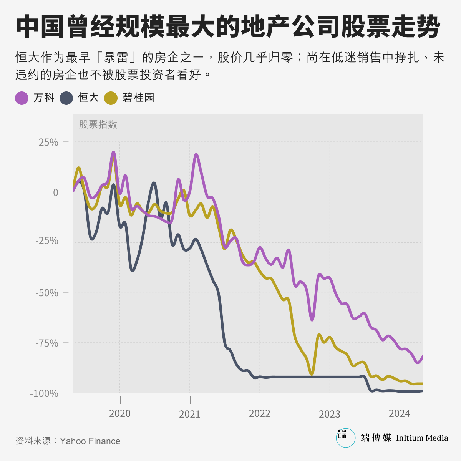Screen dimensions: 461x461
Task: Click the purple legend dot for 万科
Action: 22,98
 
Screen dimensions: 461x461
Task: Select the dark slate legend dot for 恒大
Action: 66,98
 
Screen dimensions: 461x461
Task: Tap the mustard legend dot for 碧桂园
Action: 111,98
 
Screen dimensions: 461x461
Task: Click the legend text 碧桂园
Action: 138,98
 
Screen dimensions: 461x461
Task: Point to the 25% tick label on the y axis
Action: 48,142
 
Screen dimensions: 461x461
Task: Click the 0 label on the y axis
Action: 55,192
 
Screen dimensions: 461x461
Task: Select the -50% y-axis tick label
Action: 46,292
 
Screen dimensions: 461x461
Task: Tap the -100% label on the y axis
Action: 44,393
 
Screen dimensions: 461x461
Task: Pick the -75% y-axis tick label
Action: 46,343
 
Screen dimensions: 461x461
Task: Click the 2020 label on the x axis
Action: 120,413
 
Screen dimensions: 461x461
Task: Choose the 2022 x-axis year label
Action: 260,413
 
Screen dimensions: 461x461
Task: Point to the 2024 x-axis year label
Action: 400,413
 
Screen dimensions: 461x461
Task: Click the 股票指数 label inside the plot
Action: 98,124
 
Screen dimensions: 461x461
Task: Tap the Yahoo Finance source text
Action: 90,441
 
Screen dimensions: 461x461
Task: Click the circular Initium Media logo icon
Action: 345,438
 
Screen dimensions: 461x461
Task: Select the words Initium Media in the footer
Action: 422,438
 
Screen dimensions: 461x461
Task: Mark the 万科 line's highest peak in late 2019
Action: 114,152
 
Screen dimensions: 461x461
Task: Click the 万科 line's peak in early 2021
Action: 196,154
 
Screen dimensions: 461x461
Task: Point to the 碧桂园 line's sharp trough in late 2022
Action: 312,374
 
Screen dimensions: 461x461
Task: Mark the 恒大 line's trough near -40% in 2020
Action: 133,271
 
